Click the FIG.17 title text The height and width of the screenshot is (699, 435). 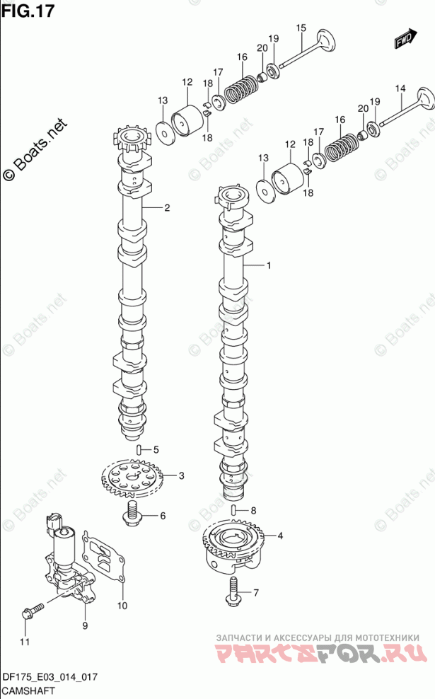point(28,10)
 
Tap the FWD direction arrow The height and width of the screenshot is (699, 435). point(405,39)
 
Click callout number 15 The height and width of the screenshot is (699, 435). point(301,28)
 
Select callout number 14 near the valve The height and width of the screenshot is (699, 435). point(400,88)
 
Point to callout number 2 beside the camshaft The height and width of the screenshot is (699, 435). point(167,208)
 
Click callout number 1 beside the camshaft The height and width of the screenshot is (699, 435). point(269,265)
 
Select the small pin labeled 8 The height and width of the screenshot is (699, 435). point(233,510)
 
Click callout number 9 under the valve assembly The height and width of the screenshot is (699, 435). point(85,626)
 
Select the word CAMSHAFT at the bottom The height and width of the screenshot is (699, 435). point(28,691)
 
